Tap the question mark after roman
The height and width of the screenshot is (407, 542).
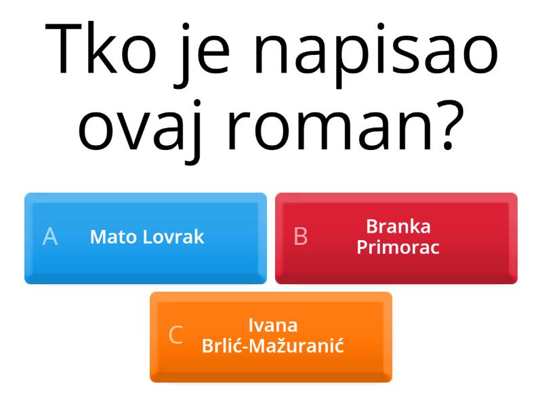448,122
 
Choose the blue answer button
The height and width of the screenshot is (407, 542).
145,237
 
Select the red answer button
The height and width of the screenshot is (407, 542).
396,237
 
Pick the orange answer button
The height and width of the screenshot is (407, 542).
271,336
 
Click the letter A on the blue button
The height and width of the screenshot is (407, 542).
50,237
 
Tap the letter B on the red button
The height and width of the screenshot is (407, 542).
301,237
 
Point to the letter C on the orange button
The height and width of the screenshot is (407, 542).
175,336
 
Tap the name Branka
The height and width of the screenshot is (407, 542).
398,227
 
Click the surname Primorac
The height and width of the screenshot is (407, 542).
398,248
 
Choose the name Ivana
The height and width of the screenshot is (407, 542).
273,326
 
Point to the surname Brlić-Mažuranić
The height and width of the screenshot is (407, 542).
273,347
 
